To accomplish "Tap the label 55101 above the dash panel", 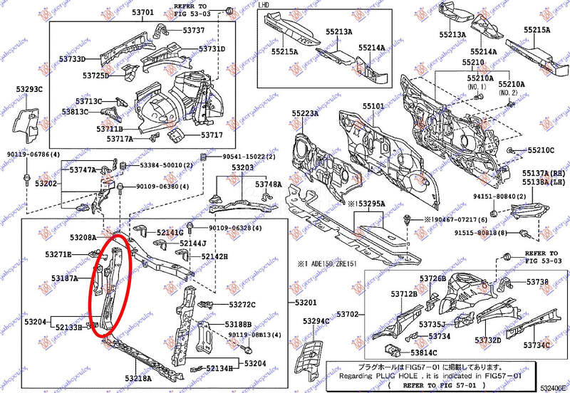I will click(x=373, y=107).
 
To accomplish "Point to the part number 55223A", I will click(x=305, y=114).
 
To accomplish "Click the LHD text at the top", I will click(x=264, y=5).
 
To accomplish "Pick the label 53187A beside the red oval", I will click(x=64, y=278).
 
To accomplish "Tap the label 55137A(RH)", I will click(x=544, y=172).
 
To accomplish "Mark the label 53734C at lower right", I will click(x=537, y=345).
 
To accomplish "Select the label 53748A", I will click(x=268, y=184).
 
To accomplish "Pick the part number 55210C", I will click(x=541, y=150).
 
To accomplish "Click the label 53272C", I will click(x=242, y=305).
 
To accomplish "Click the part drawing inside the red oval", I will click(x=109, y=285).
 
